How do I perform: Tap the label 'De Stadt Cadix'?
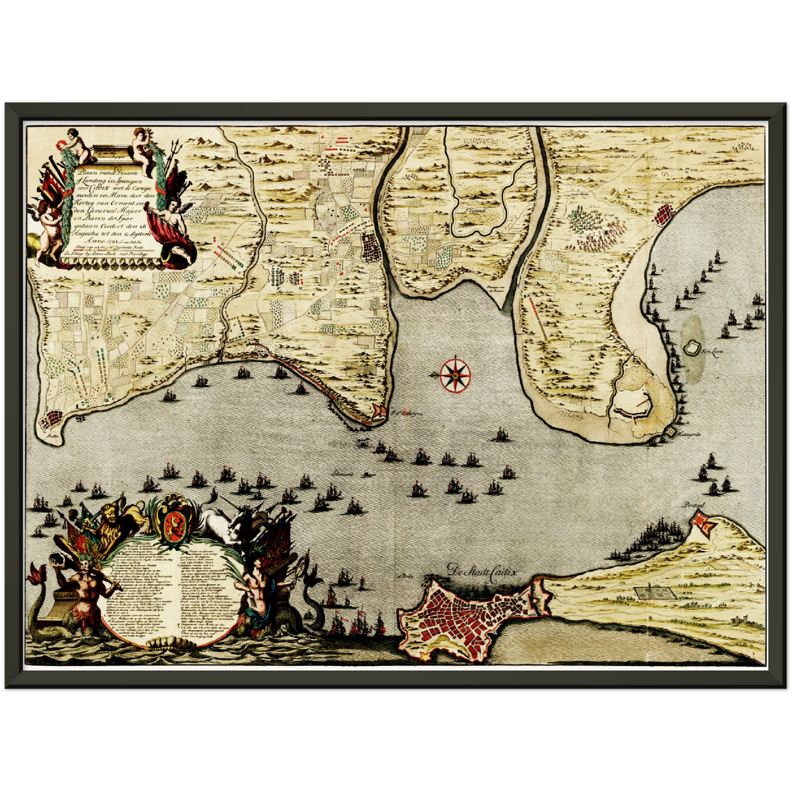(x=482, y=571)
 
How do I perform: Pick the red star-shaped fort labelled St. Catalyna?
(x=379, y=411)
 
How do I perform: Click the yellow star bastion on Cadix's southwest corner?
(x=424, y=655)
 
